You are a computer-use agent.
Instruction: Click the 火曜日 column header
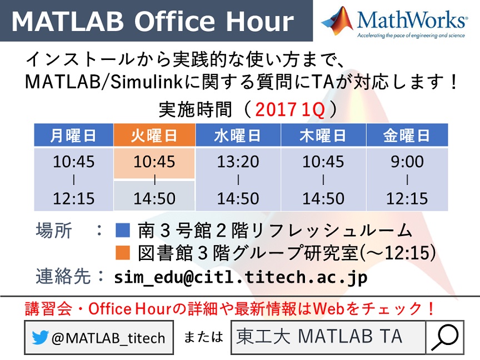point(154,135)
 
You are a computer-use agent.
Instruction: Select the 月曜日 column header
point(73,135)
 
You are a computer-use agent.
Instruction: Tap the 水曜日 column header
point(238,135)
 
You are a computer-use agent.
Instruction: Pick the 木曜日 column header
point(323,135)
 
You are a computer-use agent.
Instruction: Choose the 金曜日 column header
point(407,135)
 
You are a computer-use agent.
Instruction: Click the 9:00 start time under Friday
point(407,161)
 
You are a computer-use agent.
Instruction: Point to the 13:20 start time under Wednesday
point(238,161)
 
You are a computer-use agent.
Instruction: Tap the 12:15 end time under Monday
point(73,198)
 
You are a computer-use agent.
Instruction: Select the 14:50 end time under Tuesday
point(154,198)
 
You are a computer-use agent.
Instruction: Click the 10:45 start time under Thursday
point(323,161)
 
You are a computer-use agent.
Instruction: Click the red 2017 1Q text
point(289,109)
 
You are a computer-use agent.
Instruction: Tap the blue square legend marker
point(123,230)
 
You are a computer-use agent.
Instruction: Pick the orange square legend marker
point(123,253)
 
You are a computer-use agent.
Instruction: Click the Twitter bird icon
point(40,337)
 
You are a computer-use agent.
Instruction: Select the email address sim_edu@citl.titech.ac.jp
point(241,277)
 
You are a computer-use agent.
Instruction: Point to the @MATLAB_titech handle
point(108,338)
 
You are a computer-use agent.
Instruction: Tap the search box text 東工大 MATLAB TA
point(319,336)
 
